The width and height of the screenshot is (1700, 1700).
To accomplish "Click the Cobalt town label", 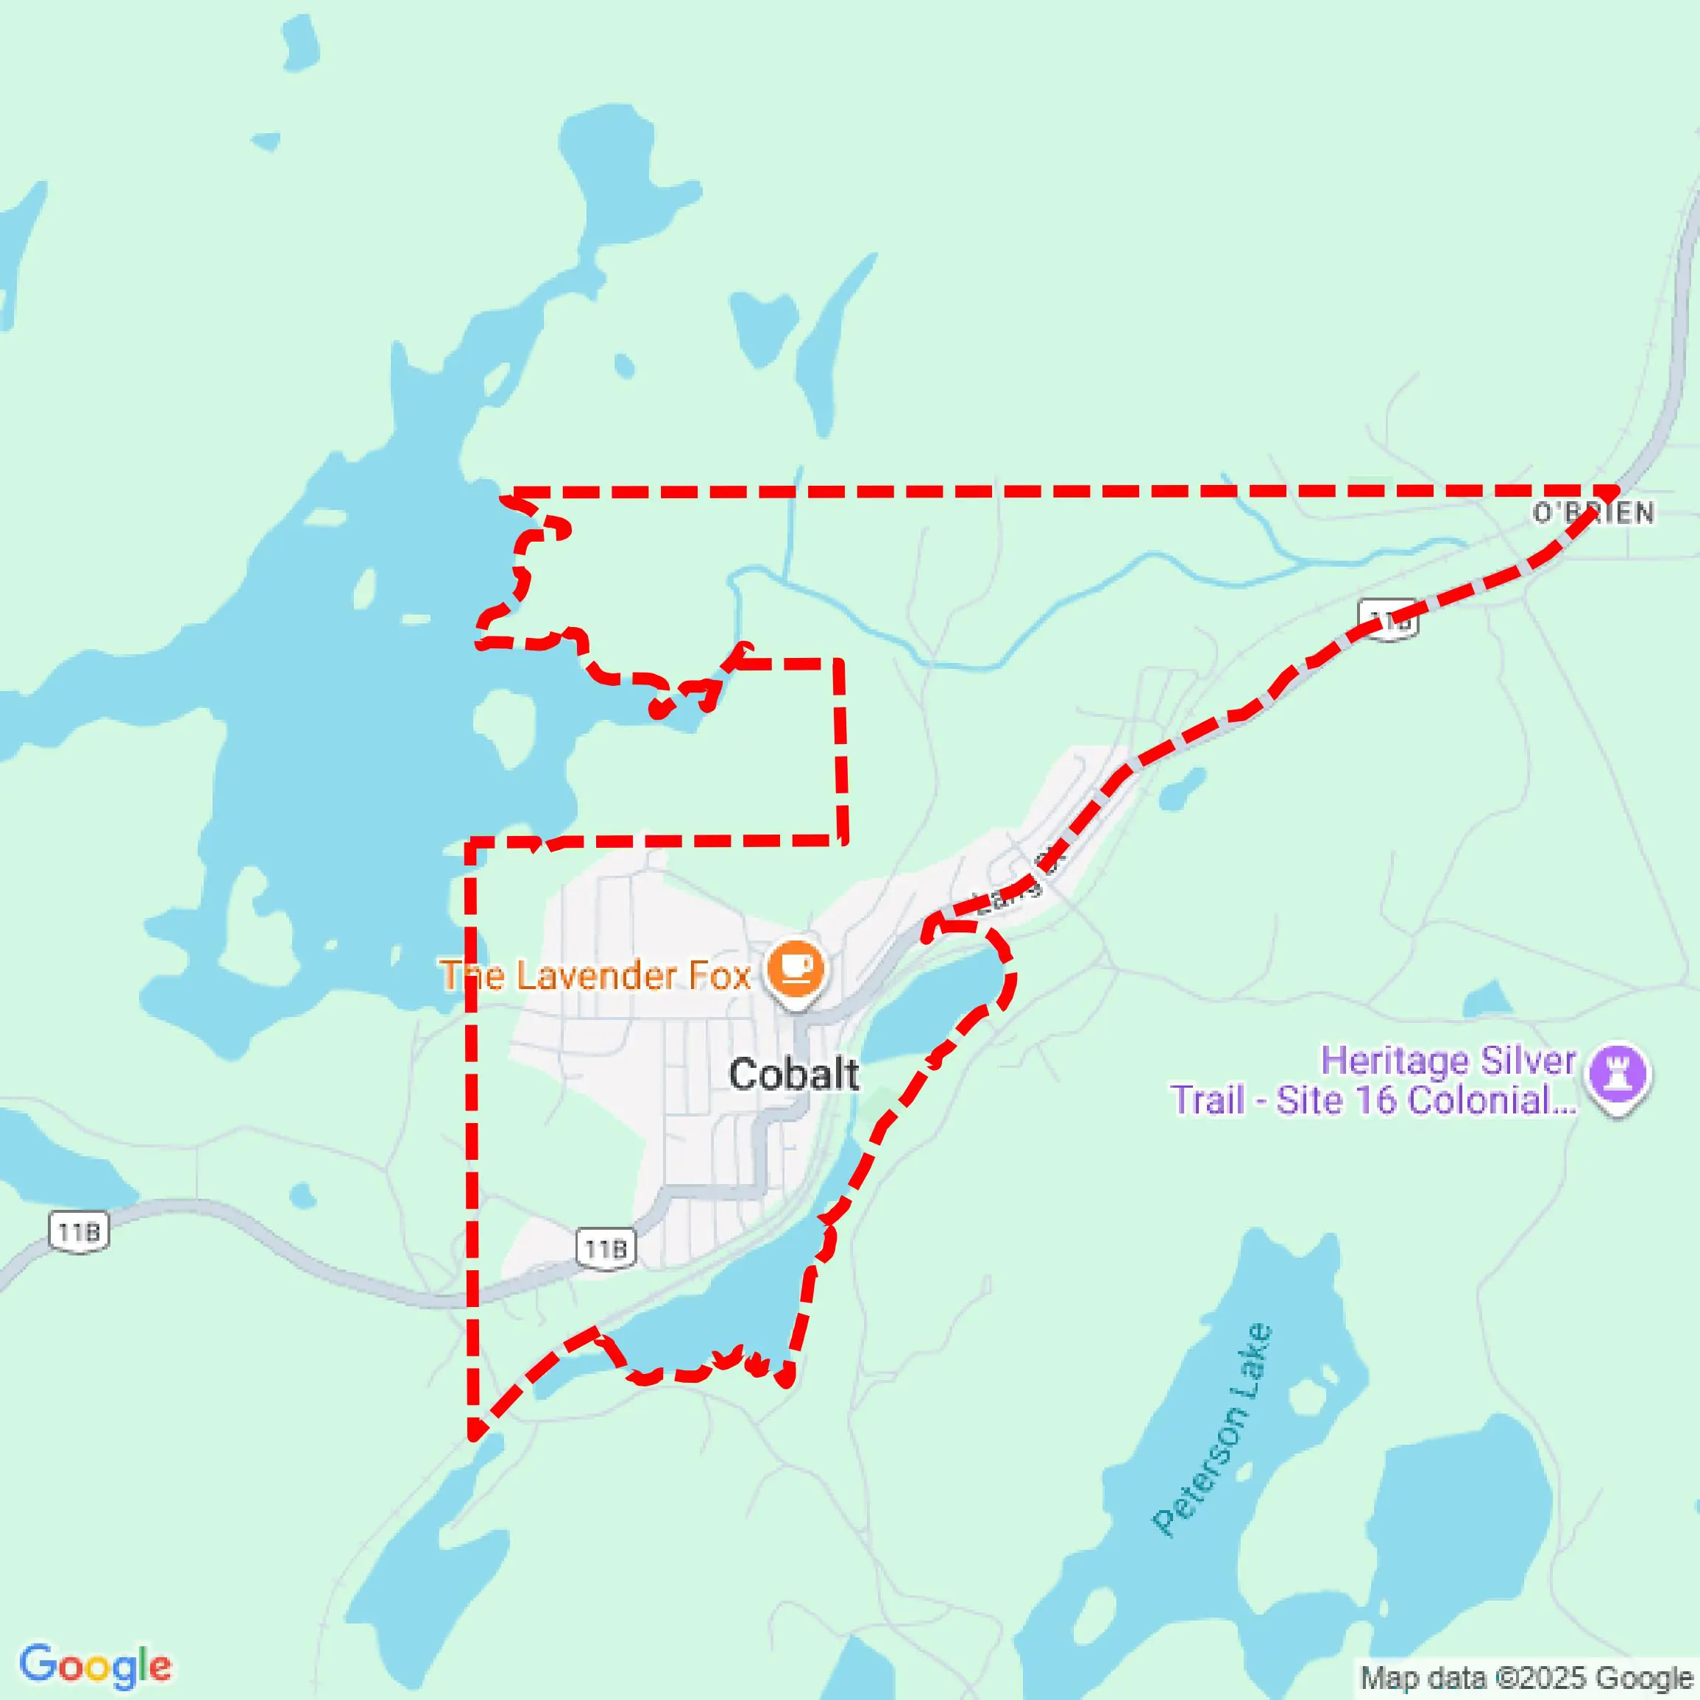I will [x=793, y=1074].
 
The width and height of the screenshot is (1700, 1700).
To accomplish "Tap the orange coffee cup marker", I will [x=796, y=968].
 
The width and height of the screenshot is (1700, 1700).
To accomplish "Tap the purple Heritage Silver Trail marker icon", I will [x=1618, y=1074].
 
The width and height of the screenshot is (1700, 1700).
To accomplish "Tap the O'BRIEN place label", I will [x=1593, y=513].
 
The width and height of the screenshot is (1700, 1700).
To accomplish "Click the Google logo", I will [x=95, y=1665].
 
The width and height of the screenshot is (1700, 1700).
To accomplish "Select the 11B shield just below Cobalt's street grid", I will [x=606, y=1249].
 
